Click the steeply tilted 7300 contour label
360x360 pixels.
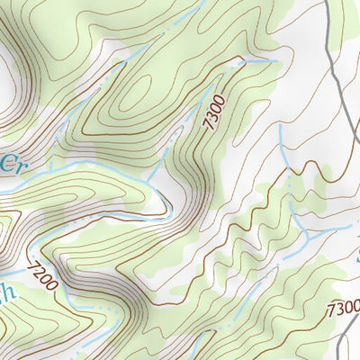[x=213, y=112]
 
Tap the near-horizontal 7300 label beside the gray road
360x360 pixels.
[x=342, y=308]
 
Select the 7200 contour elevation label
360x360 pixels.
[x=42, y=275]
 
